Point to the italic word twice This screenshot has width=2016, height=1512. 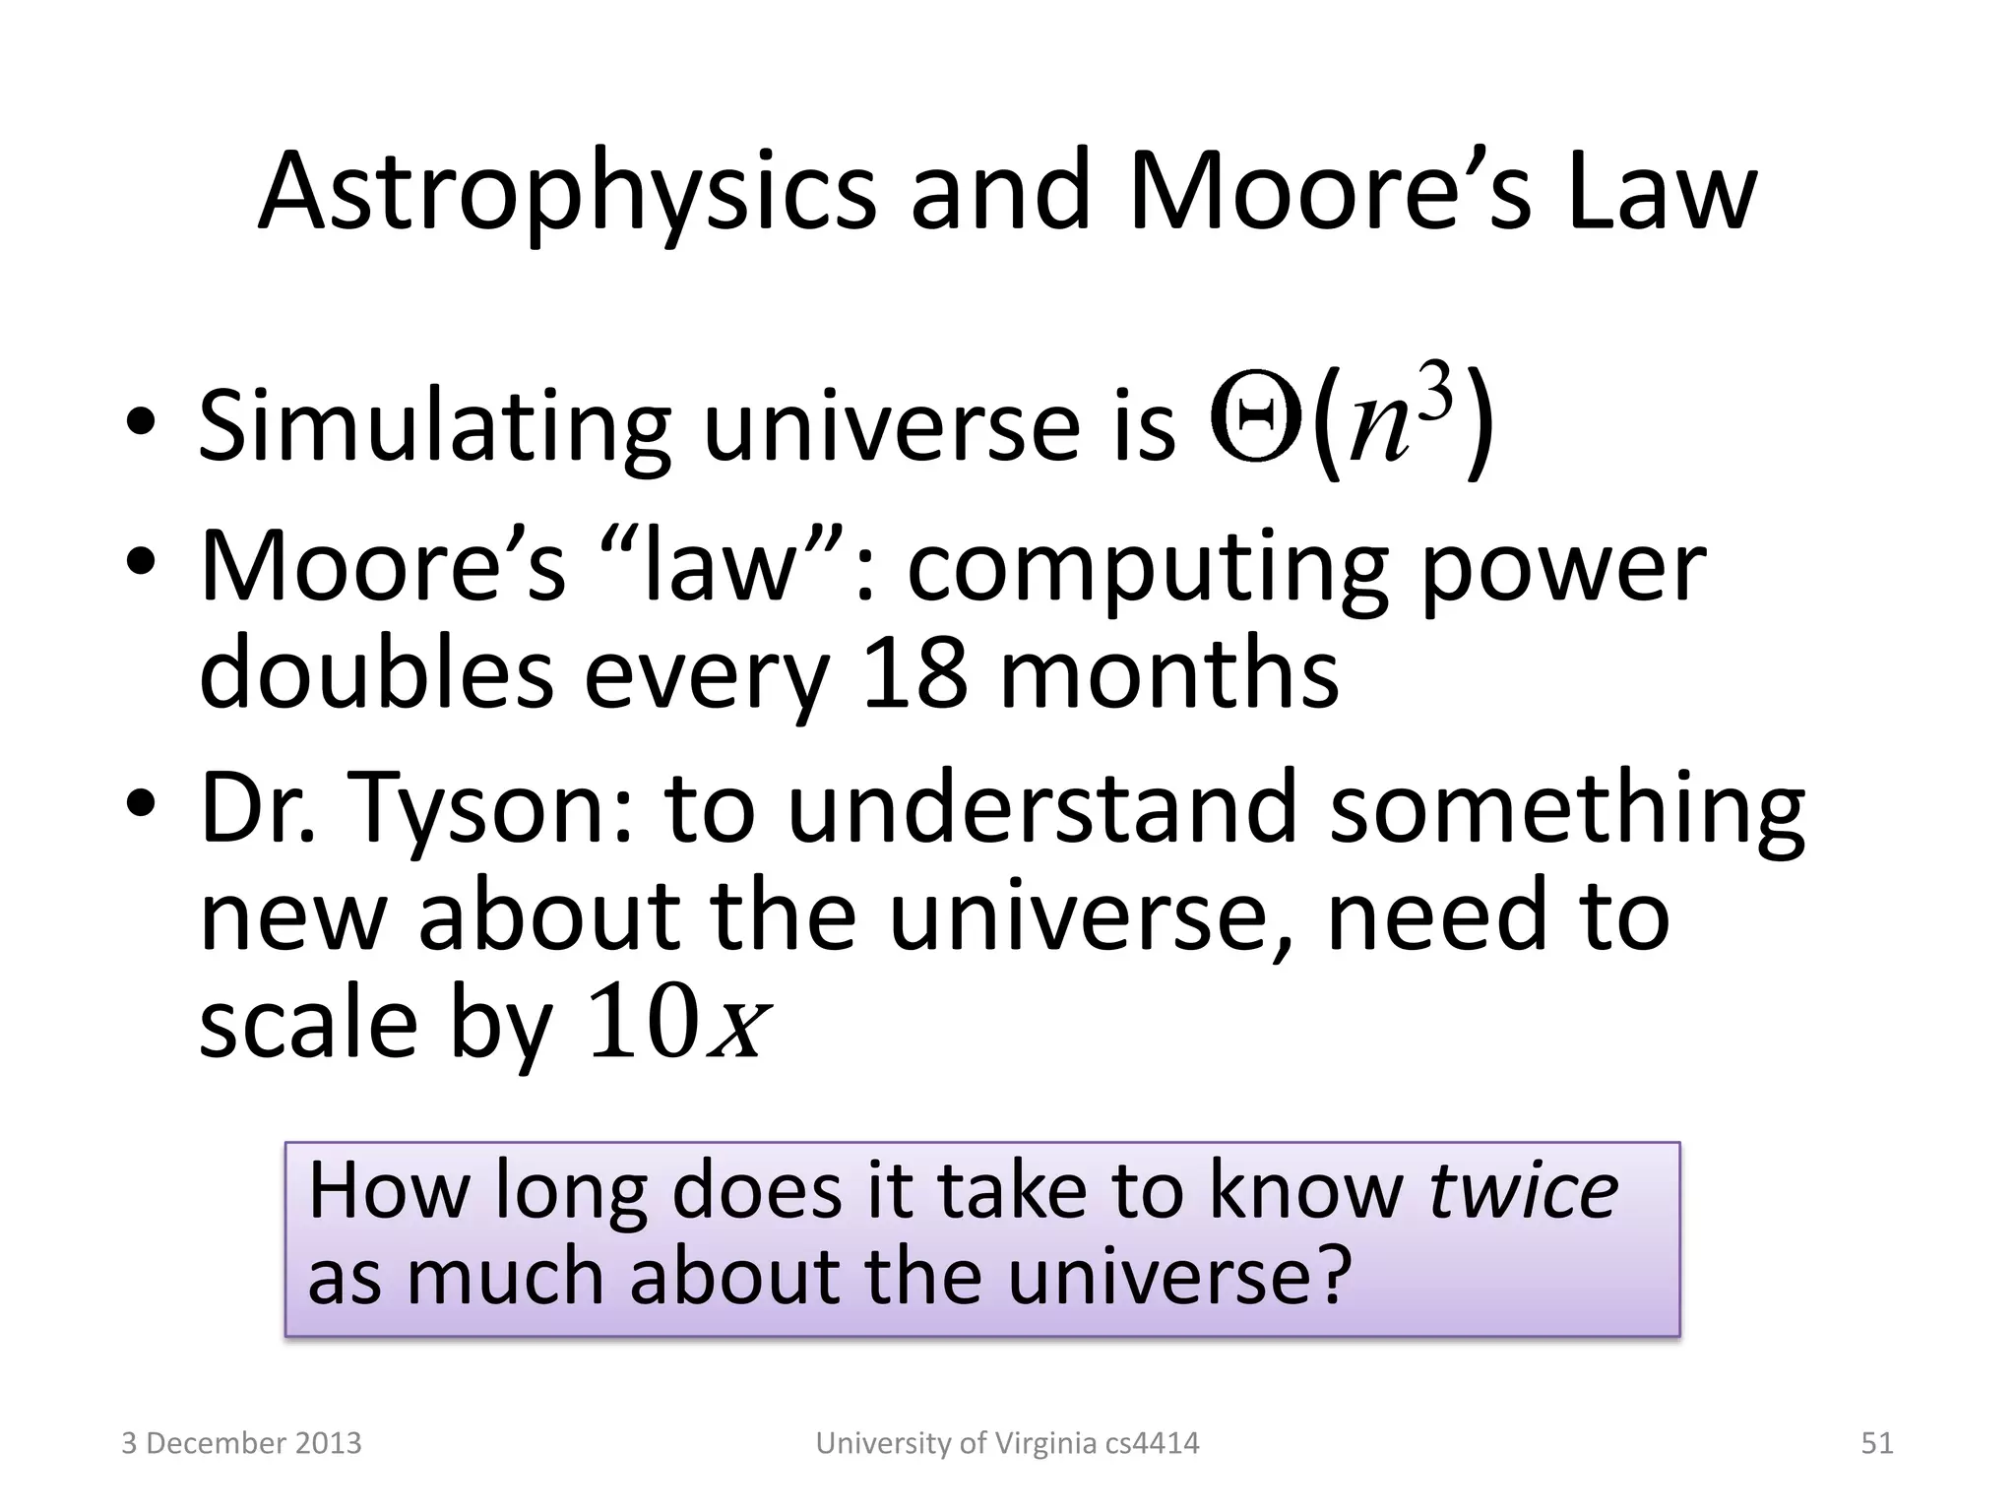1523,1190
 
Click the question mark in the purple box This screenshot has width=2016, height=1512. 1332,1277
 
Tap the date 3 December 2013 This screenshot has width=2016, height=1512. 241,1443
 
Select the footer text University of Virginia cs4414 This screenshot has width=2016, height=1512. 1007,1443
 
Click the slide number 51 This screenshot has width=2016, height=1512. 1876,1443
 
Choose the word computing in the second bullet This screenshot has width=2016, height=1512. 1147,568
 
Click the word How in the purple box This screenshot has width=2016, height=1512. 389,1190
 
